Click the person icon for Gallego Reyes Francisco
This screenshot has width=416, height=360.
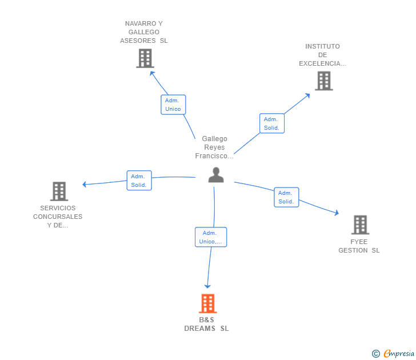pyautogui.click(x=216, y=175)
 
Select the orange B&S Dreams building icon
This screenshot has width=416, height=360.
pyautogui.click(x=207, y=303)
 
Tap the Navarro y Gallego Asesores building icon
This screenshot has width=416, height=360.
pyautogui.click(x=145, y=58)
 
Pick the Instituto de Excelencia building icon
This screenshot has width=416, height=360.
pyautogui.click(x=323, y=81)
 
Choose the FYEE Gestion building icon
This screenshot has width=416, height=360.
pyautogui.click(x=359, y=225)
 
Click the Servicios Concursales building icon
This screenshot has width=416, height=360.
pyautogui.click(x=59, y=191)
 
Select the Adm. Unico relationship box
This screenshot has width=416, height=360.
pyautogui.click(x=173, y=105)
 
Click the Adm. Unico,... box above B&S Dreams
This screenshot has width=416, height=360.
pyautogui.click(x=211, y=237)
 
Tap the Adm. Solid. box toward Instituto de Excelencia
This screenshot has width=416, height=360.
pyautogui.click(x=272, y=123)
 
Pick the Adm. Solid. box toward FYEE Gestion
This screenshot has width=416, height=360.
pyautogui.click(x=286, y=197)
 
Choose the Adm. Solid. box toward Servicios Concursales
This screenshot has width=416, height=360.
pyautogui.click(x=139, y=181)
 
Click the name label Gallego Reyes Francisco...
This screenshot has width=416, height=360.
pyautogui.click(x=214, y=147)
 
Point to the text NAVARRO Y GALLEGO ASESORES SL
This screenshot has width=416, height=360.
pyautogui.click(x=144, y=32)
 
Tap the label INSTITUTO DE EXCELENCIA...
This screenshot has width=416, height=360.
pyautogui.click(x=322, y=55)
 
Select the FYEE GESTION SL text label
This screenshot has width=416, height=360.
pyautogui.click(x=359, y=246)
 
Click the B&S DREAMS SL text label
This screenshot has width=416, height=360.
pyautogui.click(x=206, y=324)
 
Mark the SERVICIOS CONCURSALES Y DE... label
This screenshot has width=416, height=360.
pyautogui.click(x=58, y=217)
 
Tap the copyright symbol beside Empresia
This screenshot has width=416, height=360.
pyautogui.click(x=376, y=354)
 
